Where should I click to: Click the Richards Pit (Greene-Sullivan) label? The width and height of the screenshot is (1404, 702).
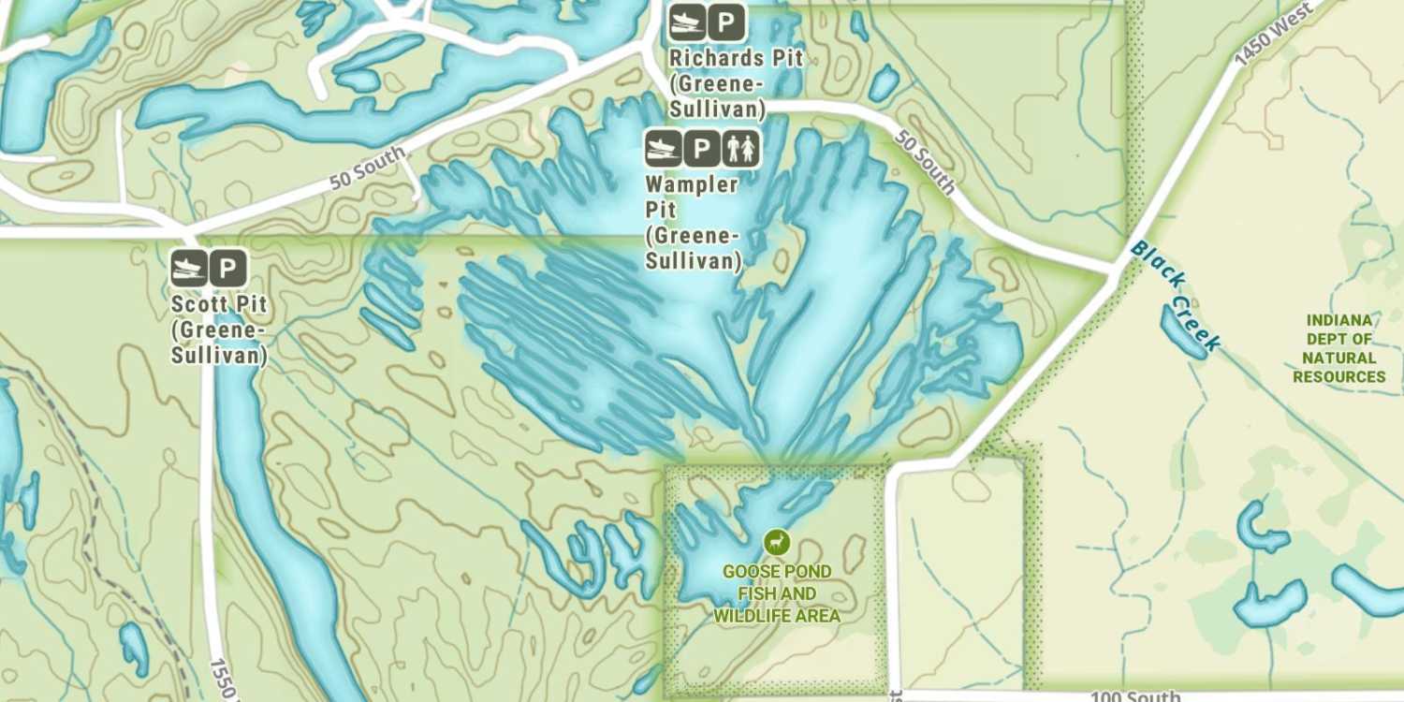[x=736, y=83]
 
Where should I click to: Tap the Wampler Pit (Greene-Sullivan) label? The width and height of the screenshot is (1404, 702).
[x=693, y=222]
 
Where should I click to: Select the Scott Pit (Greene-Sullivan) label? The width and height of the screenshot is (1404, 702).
[x=219, y=330]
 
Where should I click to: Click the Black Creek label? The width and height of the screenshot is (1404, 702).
[x=1175, y=296]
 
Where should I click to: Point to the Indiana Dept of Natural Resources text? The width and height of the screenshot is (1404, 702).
[x=1338, y=348]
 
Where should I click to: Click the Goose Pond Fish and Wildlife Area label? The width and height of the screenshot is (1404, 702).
[x=777, y=593]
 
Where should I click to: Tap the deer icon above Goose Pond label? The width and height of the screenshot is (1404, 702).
[x=776, y=542]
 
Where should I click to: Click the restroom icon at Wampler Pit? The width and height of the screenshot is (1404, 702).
[x=741, y=148]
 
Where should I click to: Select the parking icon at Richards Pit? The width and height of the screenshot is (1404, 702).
[x=726, y=22]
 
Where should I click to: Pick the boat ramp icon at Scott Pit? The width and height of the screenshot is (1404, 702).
[x=189, y=269]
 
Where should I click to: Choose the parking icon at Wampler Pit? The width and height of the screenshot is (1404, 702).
[x=702, y=148]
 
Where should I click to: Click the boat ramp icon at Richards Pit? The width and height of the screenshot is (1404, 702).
[x=687, y=22]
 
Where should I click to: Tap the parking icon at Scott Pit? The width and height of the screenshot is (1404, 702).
[x=227, y=269]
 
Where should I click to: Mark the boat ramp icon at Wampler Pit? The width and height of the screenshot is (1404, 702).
[x=664, y=148]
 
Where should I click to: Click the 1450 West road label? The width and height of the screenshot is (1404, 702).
[x=1272, y=34]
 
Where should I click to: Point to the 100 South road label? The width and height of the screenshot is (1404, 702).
[x=1135, y=696]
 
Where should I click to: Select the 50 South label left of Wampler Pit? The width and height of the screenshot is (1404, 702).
[x=368, y=168]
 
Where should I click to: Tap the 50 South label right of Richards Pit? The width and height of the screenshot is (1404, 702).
[x=924, y=162]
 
